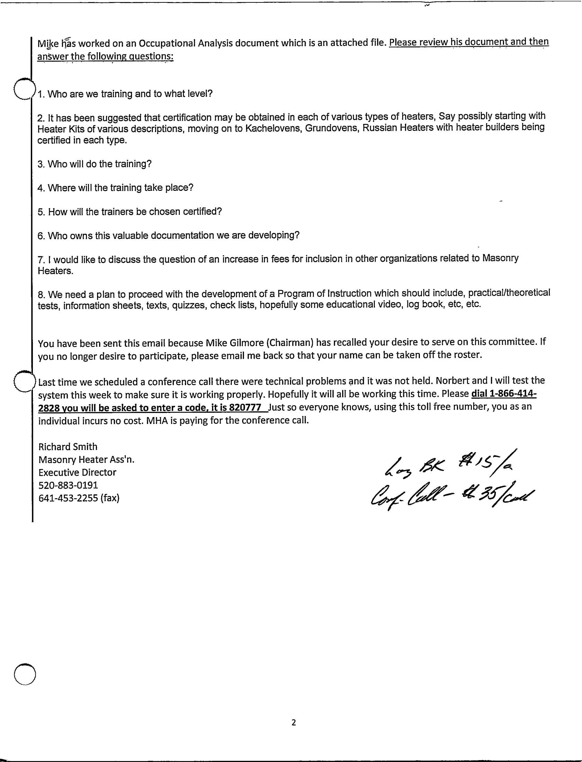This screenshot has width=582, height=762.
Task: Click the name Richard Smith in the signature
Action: (x=68, y=446)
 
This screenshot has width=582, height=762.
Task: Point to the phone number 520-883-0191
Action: (x=68, y=485)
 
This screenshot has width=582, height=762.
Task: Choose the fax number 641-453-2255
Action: (x=69, y=498)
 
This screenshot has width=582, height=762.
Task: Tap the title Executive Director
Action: (x=77, y=472)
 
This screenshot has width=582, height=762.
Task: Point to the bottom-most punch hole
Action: (x=25, y=674)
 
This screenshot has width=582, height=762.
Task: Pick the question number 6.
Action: (x=41, y=236)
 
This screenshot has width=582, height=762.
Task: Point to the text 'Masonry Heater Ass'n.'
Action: (x=86, y=459)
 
